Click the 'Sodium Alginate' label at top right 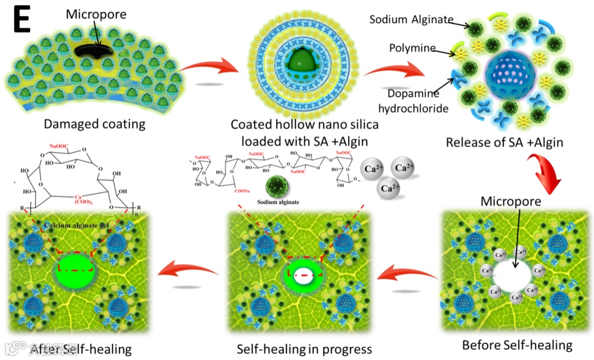click(x=411, y=20)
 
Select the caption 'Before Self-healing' click(x=517, y=346)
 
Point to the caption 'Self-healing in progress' click(x=304, y=349)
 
